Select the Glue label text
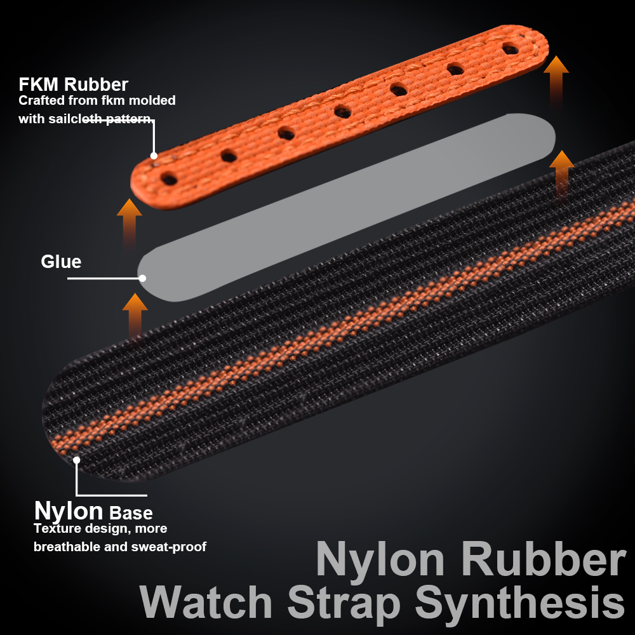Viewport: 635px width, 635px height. click(61, 262)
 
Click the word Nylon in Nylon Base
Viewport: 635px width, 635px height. click(69, 512)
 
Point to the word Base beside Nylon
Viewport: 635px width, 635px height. click(131, 514)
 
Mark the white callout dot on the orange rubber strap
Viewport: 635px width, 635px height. click(154, 156)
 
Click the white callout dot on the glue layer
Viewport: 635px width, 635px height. click(142, 278)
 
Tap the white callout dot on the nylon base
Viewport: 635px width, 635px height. click(77, 460)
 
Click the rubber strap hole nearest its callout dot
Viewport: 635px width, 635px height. click(170, 178)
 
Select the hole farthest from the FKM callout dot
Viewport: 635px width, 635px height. click(511, 49)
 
